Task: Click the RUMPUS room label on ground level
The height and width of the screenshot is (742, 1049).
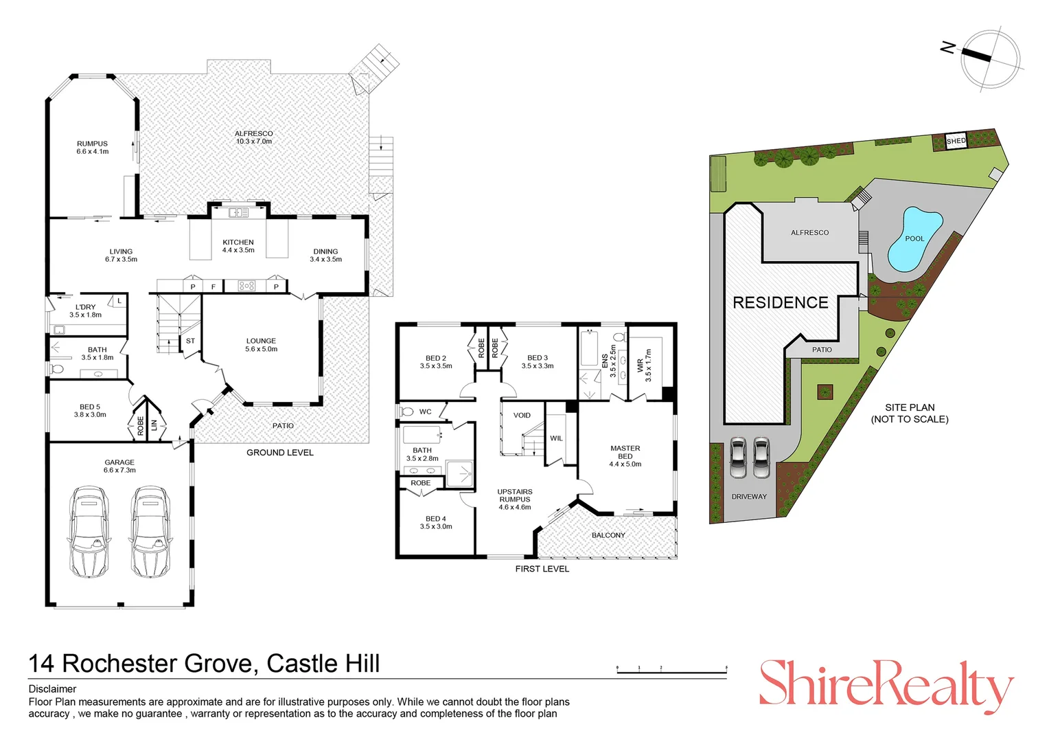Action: [92, 147]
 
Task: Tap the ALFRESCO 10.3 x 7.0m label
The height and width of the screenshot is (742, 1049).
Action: [253, 137]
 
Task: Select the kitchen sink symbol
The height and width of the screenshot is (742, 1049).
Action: [238, 212]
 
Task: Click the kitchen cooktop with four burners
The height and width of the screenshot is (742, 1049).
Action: [246, 286]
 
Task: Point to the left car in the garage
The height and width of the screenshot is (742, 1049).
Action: [89, 531]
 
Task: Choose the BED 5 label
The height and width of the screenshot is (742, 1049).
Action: [90, 410]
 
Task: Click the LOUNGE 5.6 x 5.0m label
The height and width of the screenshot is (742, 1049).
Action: [261, 344]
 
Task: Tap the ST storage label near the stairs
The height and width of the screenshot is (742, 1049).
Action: [190, 341]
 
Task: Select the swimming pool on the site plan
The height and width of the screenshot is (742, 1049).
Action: [914, 238]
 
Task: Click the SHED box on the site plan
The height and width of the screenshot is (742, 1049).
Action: [956, 141]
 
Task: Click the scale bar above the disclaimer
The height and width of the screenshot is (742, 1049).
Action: [671, 671]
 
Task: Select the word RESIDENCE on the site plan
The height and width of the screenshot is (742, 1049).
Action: [780, 302]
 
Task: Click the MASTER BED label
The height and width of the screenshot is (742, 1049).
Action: [625, 456]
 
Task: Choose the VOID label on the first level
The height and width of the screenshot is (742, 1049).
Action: [522, 415]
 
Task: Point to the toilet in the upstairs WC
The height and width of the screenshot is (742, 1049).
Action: [406, 412]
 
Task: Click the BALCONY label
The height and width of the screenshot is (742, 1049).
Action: [608, 535]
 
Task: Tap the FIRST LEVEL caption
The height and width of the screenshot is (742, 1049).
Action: [542, 569]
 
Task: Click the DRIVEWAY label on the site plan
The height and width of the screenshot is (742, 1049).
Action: [748, 496]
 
